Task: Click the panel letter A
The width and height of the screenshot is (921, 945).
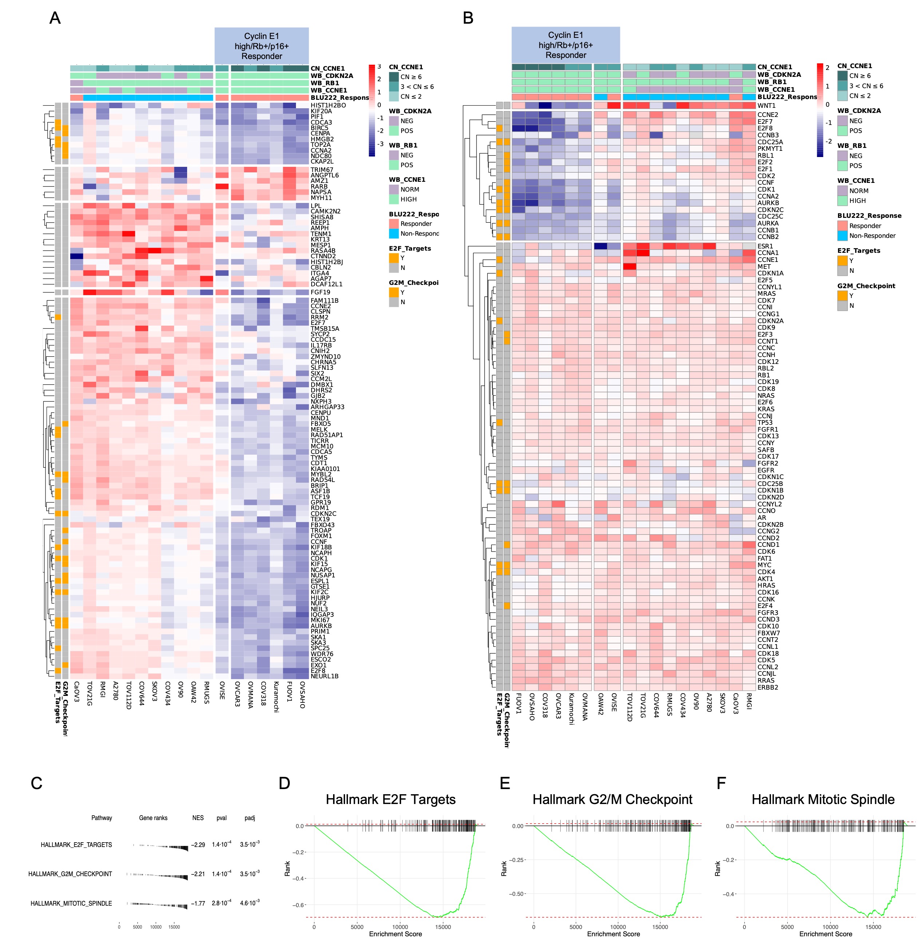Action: tap(55, 18)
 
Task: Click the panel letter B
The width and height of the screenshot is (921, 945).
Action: tap(468, 18)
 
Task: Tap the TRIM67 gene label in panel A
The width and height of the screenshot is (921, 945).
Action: tap(322, 170)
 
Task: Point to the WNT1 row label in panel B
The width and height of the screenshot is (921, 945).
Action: tap(766, 106)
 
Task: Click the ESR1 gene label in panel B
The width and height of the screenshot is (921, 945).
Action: tap(765, 246)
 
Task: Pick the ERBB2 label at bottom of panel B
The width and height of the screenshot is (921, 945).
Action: tap(768, 687)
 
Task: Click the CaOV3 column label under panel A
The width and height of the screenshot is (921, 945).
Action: tap(76, 691)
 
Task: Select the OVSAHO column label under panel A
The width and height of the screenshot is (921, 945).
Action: tap(302, 695)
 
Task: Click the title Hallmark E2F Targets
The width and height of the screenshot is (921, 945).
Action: tap(390, 799)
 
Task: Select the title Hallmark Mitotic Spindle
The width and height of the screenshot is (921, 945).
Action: tap(823, 799)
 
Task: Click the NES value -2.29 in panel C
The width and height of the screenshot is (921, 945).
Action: tap(198, 845)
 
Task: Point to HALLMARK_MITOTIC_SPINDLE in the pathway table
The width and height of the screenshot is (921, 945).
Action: tap(71, 903)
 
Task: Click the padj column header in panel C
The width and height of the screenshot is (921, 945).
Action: tap(250, 818)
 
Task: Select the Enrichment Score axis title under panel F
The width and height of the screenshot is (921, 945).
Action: tap(825, 934)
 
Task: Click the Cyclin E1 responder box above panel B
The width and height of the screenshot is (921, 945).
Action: tap(565, 45)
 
